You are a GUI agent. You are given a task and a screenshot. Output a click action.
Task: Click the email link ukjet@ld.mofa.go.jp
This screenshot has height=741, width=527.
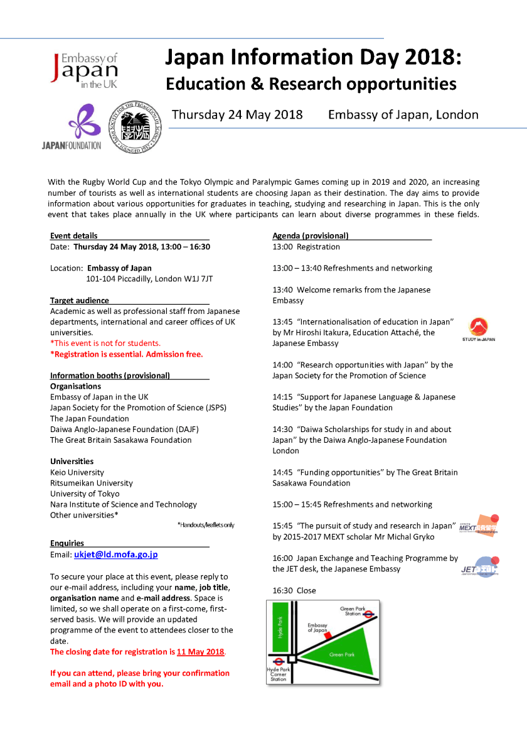tap(116, 555)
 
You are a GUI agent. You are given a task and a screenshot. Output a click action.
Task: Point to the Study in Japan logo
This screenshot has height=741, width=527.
tap(478, 329)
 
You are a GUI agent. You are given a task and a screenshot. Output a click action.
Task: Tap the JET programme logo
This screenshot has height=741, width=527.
tap(479, 566)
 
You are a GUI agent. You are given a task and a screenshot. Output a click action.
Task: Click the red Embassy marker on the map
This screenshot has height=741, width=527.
tap(326, 636)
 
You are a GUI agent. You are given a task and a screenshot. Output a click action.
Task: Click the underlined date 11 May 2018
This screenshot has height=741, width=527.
tap(200, 652)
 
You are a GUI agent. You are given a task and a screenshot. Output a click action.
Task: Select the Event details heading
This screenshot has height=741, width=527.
tap(74, 236)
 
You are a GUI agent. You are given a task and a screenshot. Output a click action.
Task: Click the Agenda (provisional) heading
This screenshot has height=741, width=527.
tap(310, 236)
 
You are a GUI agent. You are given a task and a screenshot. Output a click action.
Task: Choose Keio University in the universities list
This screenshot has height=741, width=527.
tap(77, 472)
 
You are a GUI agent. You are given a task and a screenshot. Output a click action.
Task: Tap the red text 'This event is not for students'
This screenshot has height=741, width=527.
tap(105, 343)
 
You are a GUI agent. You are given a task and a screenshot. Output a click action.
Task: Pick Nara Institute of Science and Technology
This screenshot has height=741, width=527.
tap(124, 504)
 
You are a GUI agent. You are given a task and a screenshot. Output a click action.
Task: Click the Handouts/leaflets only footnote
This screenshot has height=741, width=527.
tap(205, 525)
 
